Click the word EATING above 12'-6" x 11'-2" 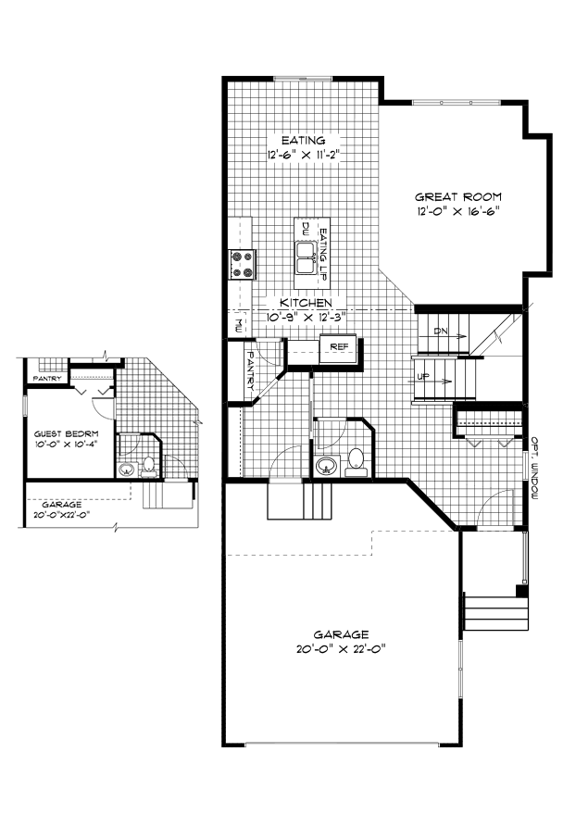tap(292, 142)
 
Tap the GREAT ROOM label tap(457, 197)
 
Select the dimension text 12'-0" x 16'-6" tap(457, 212)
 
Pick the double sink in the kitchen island tap(306, 255)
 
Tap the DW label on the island tap(304, 227)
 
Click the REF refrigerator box tap(338, 347)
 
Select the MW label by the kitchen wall tap(238, 324)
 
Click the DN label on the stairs tap(442, 330)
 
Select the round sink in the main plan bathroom tap(326, 465)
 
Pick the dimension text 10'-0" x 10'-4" tap(66, 445)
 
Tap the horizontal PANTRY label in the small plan tap(46, 379)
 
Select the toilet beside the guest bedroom tap(148, 467)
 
